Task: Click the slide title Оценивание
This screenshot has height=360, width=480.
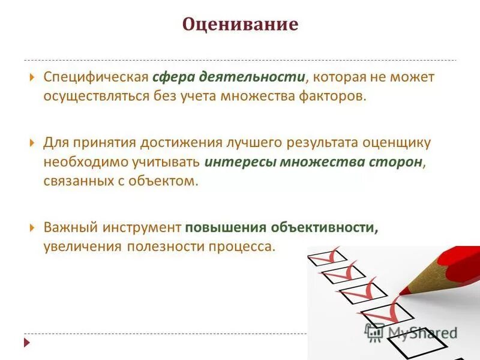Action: point(240,25)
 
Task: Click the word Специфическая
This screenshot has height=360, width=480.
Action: point(95,77)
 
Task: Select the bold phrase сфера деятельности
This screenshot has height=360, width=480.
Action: point(229,77)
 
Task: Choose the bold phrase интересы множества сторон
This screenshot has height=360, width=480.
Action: point(313,162)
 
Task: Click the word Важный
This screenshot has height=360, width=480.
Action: point(68,228)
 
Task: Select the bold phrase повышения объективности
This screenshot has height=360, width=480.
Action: point(281,228)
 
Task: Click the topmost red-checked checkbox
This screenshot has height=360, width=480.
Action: point(324,256)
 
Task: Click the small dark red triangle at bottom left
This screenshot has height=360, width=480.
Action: point(26,343)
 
